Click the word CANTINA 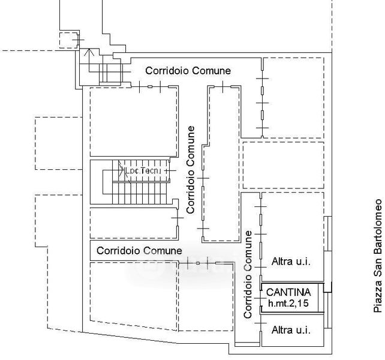(x=289, y=292)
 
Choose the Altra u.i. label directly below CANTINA (x=291, y=330)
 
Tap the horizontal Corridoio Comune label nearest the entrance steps (x=188, y=71)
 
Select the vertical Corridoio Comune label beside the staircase (x=191, y=170)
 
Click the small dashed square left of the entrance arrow (x=70, y=40)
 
